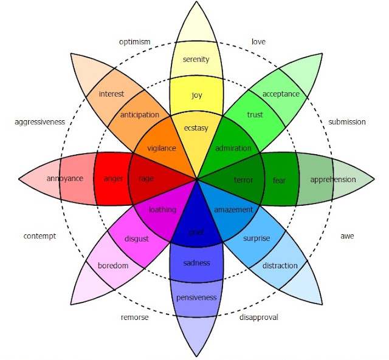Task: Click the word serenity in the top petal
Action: [x=196, y=59]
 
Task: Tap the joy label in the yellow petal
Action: [x=196, y=95]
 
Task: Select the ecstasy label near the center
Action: [x=196, y=129]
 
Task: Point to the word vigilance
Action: [x=161, y=148]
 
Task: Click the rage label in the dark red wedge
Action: [x=146, y=178]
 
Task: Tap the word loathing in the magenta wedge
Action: [x=162, y=209]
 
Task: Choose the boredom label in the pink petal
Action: [x=113, y=265]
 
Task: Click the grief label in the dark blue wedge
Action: [x=196, y=232]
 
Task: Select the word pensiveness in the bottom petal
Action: [x=196, y=297]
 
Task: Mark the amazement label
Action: [x=233, y=209]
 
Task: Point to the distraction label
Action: [x=280, y=265]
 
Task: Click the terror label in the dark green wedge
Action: [x=243, y=180]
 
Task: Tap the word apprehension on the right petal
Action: [x=332, y=180]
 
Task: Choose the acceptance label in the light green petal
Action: [x=281, y=94]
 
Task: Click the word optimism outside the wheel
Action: [x=134, y=42]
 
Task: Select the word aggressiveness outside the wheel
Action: [x=40, y=122]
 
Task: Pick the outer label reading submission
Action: [x=347, y=122]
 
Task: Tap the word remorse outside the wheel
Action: [x=134, y=317]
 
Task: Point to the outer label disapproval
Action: [x=260, y=317]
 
